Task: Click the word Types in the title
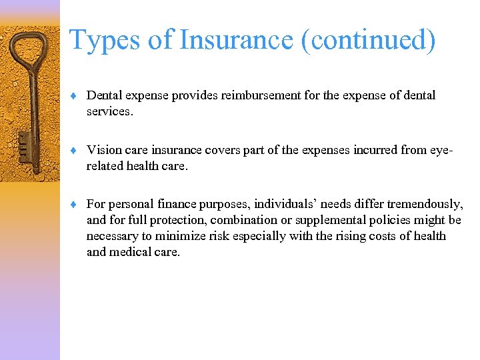105,40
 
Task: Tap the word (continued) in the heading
369,40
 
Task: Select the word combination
241,220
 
